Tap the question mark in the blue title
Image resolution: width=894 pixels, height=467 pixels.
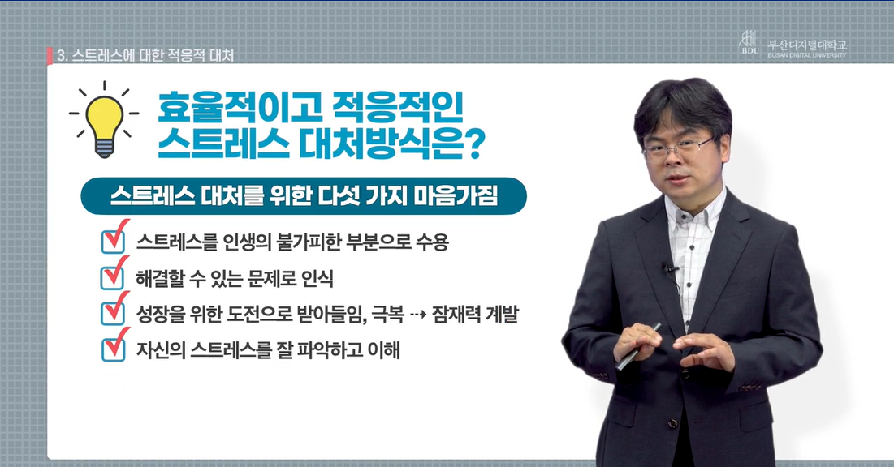click(x=472, y=144)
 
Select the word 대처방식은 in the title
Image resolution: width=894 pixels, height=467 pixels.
click(x=378, y=144)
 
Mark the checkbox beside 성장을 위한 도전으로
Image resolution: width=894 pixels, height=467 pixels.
click(x=114, y=311)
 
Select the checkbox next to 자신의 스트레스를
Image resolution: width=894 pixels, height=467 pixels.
click(x=114, y=346)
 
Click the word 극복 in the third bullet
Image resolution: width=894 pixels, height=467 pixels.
click(x=387, y=314)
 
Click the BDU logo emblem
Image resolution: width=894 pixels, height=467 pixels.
click(x=749, y=43)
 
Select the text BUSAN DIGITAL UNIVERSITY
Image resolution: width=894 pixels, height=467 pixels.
click(x=807, y=55)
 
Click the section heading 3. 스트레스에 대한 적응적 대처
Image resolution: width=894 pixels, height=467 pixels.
click(x=146, y=55)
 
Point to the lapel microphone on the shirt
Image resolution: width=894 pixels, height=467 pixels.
click(x=668, y=268)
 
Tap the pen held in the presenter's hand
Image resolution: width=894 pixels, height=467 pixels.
click(x=639, y=345)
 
